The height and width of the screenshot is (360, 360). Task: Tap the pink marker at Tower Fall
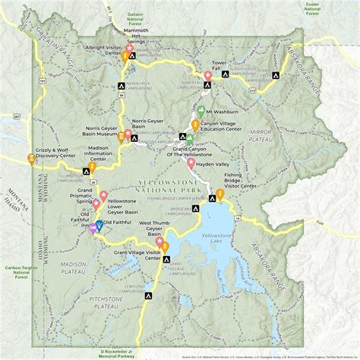[207, 74]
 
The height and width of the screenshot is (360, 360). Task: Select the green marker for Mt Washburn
[198, 109]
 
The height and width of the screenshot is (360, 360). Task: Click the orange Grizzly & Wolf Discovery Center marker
[31, 157]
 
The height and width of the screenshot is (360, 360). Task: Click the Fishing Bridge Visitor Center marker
[219, 194]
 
